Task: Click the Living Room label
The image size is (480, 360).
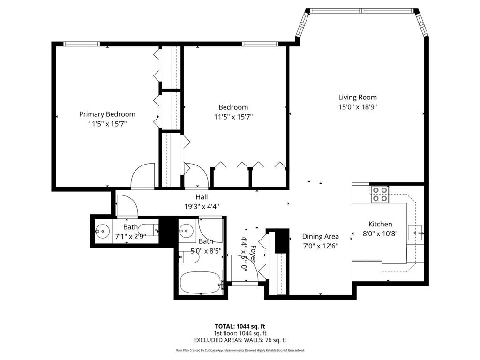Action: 357,97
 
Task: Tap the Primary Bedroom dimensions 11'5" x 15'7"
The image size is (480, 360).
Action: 107,124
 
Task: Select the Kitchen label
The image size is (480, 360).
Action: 380,224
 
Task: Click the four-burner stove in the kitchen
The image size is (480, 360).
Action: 380,194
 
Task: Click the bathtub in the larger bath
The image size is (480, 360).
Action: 200,283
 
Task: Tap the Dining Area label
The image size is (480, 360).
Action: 320,236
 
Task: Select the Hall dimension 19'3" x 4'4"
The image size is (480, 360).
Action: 202,206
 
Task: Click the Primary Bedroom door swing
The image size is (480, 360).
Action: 143,176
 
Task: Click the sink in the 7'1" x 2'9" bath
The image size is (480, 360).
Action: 101,231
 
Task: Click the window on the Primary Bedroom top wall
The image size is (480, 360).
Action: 82,44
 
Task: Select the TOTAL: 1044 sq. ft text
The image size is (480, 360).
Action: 240,326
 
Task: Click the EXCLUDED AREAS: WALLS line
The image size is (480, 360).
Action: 240,340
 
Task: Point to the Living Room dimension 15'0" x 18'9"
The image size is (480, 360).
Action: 357,107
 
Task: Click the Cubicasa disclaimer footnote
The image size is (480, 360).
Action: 240,350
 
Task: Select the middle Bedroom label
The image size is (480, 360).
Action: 233,107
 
